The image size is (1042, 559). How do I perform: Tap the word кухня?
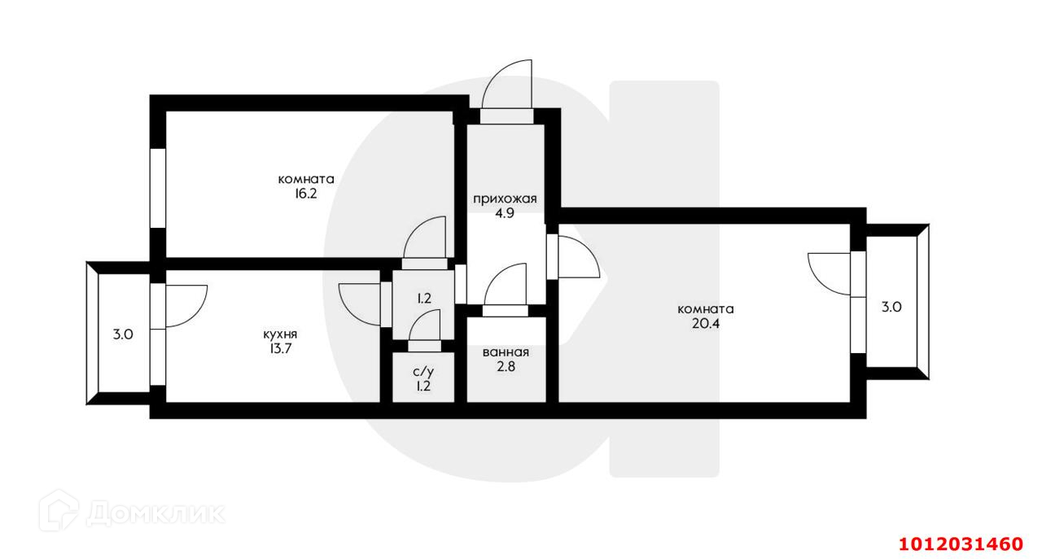click(280, 334)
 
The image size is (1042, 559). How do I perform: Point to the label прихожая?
click(505, 199)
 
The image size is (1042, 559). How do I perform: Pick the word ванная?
click(506, 352)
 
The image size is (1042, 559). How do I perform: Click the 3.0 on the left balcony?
click(123, 334)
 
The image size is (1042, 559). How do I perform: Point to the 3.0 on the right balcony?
click(891, 308)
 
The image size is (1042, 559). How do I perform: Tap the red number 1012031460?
click(960, 543)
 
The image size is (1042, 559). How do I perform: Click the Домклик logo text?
click(155, 513)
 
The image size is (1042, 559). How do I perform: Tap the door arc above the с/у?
click(424, 330)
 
